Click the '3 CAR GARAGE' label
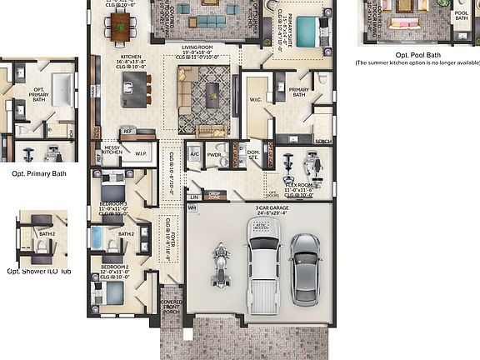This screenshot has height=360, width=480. coord(259,207)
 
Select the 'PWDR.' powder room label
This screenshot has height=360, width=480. coord(215,154)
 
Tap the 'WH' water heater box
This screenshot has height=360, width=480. coord(192,207)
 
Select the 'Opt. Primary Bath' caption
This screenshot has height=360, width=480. coord(39,173)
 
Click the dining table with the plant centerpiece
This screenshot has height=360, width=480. coord(121,25)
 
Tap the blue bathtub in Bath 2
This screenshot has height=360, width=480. coord(96,238)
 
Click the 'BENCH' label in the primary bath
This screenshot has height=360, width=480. coord(323,142)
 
